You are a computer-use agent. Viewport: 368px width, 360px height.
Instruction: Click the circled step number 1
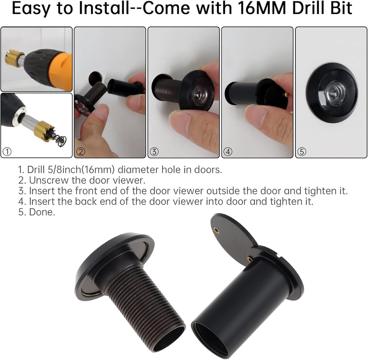(x=6, y=152)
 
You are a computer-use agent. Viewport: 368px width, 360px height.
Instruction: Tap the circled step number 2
(x=80, y=152)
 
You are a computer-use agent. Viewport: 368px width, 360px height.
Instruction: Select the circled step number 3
(x=154, y=152)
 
